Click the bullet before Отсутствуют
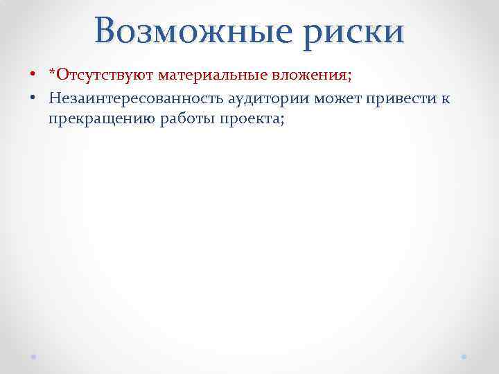click(33, 74)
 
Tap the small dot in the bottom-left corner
click(34, 355)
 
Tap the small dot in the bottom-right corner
click(464, 355)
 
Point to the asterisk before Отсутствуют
click(52, 71)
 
